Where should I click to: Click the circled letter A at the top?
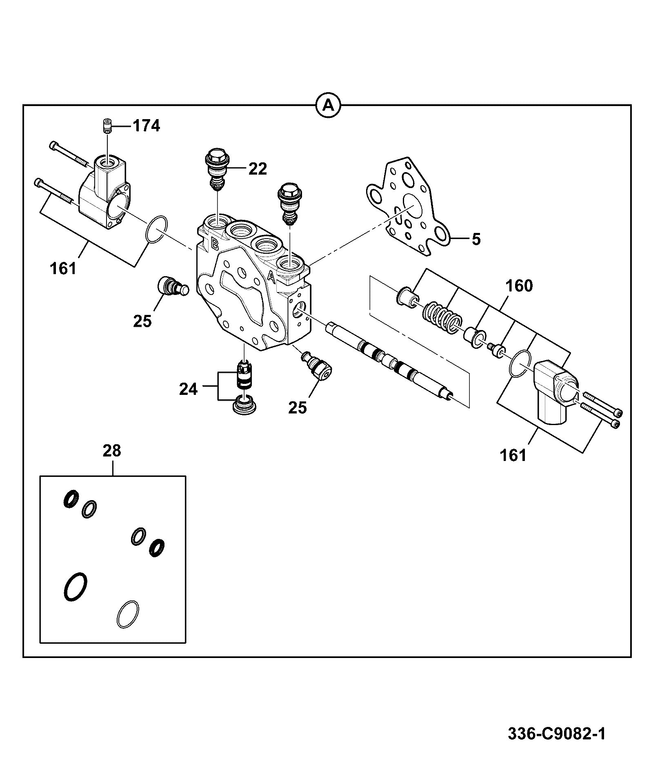point(329,106)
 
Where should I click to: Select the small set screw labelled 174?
point(107,125)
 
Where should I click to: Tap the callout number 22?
point(258,168)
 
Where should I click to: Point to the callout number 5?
point(476,239)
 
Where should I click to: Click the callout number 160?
point(519,286)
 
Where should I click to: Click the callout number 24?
point(188,389)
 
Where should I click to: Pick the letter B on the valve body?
point(213,244)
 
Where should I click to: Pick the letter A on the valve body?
point(271,277)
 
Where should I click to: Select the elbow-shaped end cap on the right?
point(555,391)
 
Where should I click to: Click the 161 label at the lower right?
point(513,455)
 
